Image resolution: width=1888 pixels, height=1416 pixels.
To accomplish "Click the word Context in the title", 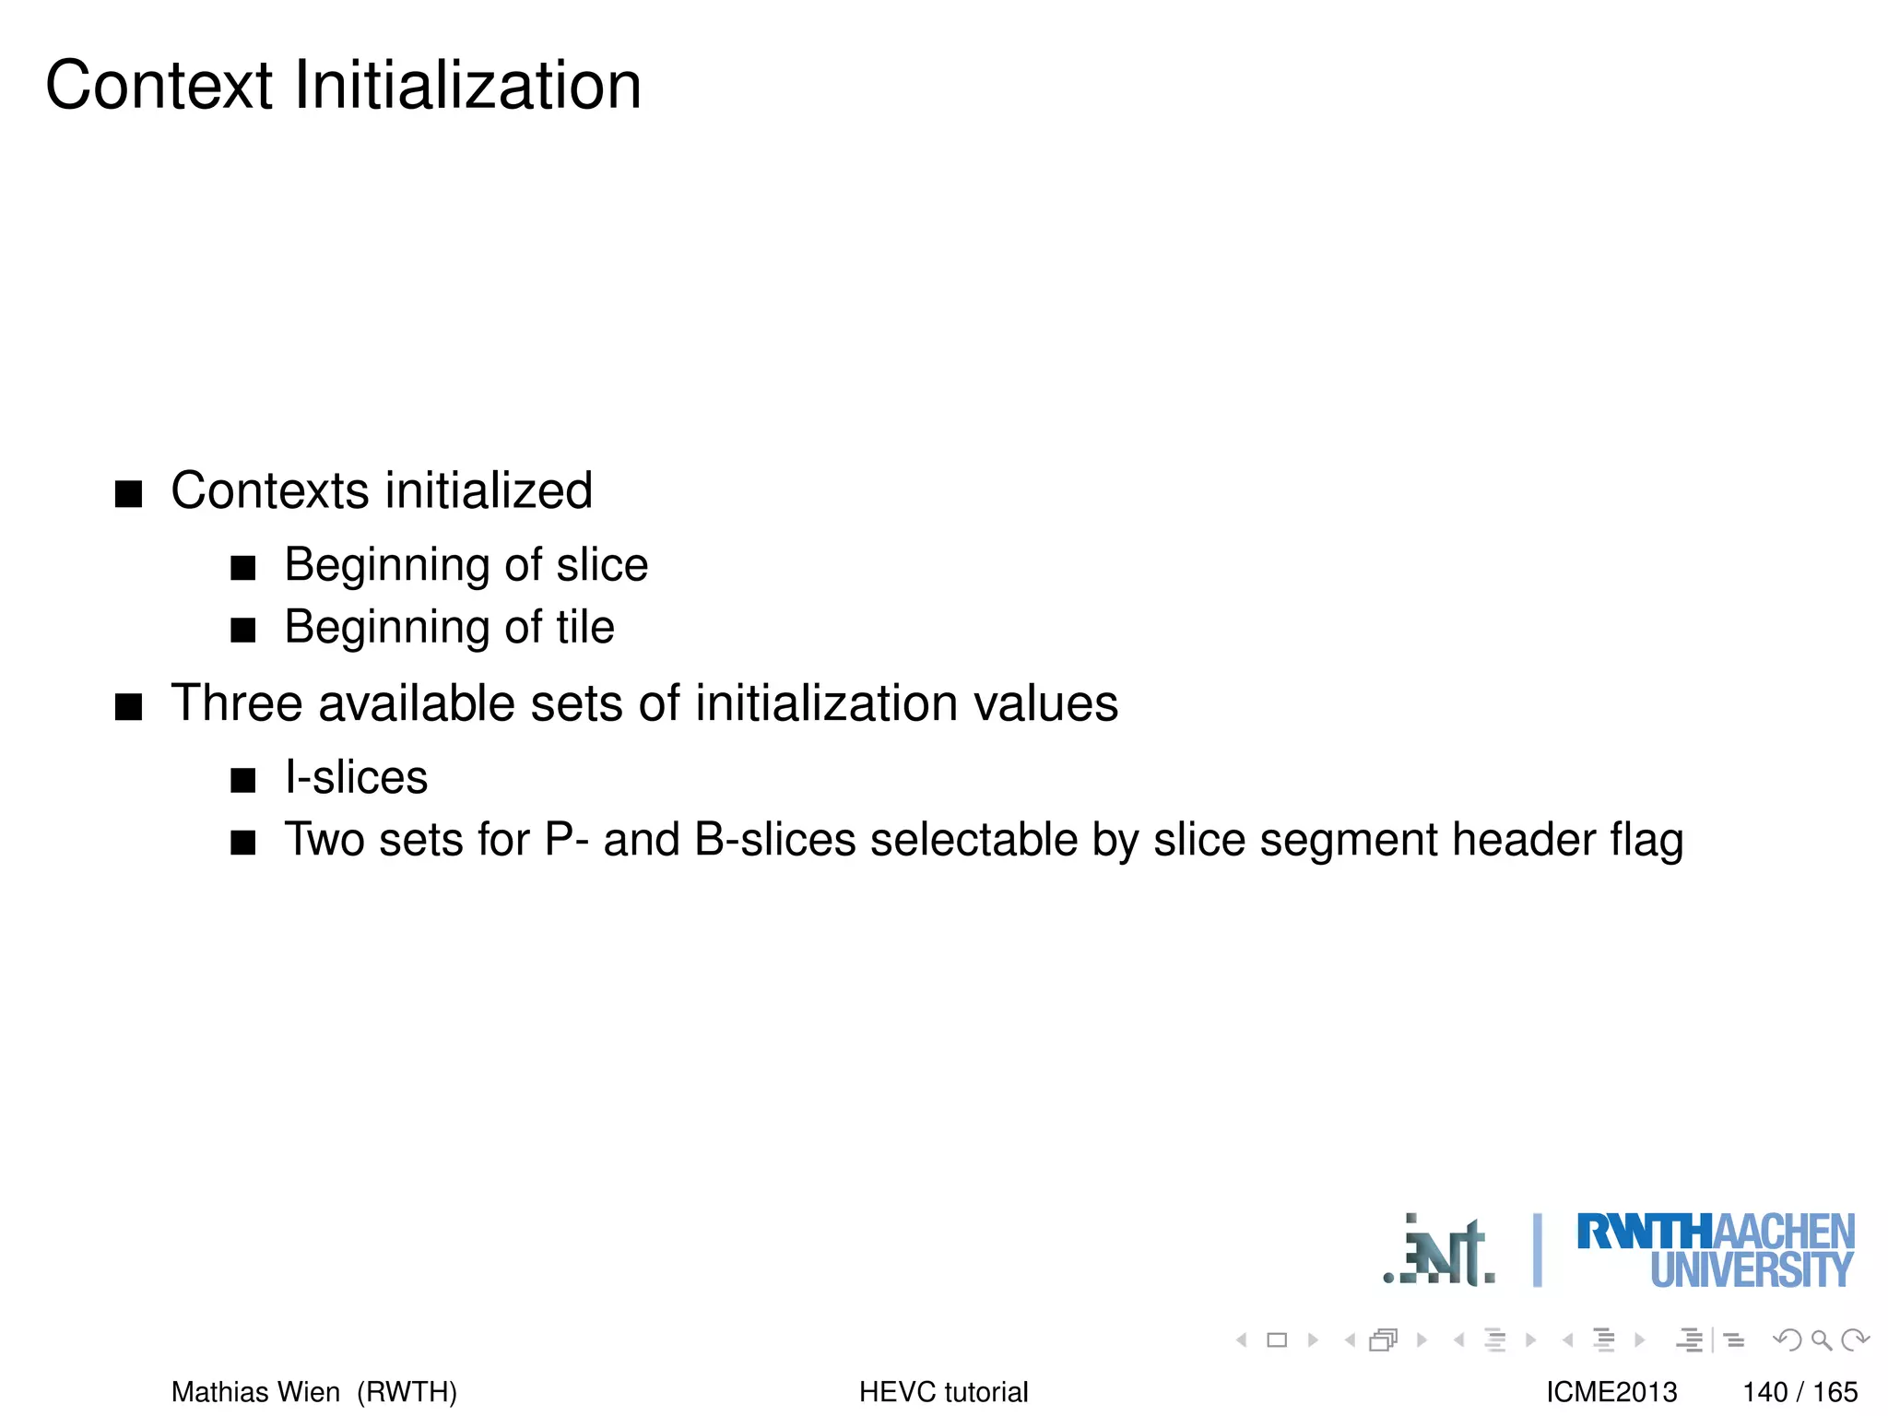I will click(x=159, y=86).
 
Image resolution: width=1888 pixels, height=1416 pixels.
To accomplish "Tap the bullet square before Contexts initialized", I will click(x=128, y=494).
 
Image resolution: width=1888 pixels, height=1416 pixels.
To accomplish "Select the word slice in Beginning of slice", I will click(x=602, y=564).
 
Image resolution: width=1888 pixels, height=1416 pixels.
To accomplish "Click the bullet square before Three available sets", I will click(x=128, y=707).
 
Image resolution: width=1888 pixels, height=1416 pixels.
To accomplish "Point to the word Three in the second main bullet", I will click(x=237, y=703).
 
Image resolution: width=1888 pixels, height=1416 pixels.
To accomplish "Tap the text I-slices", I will click(x=356, y=777).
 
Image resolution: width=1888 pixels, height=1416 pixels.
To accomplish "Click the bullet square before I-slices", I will click(x=242, y=781).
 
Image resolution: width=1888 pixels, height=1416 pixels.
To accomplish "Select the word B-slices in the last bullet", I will click(x=774, y=840).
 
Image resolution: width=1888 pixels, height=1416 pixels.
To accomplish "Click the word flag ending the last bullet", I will click(x=1646, y=840).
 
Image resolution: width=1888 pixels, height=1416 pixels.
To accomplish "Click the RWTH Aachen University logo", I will click(x=1715, y=1250).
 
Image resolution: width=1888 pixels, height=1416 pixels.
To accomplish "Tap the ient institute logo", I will click(x=1439, y=1251).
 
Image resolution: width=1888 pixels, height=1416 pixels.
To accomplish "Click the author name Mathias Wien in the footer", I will click(x=255, y=1391).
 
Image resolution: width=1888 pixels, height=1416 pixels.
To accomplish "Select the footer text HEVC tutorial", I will click(x=943, y=1391).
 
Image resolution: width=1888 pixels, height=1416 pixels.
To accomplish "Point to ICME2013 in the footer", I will click(x=1611, y=1391).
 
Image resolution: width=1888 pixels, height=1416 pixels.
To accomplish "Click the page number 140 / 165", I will click(x=1799, y=1391).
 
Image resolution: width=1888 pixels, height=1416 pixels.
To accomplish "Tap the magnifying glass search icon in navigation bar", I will click(x=1821, y=1339).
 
